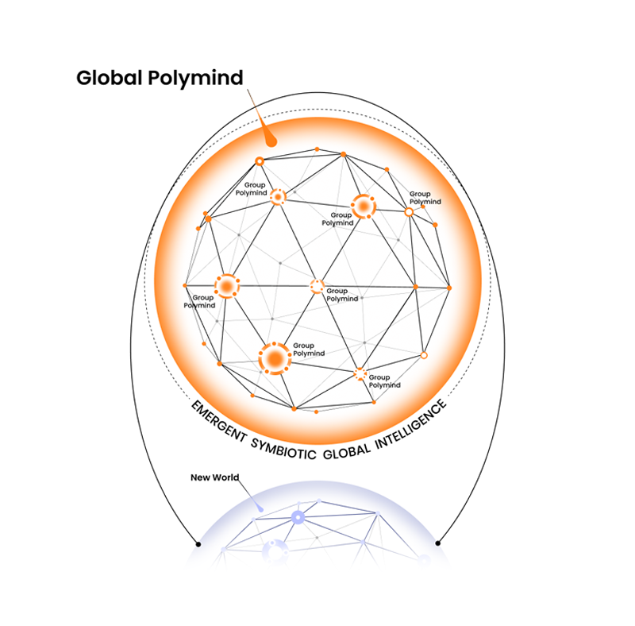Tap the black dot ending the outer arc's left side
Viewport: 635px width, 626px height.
click(x=198, y=543)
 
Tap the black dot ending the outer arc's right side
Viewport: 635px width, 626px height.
click(x=437, y=543)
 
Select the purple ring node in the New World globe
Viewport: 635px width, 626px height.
click(x=298, y=517)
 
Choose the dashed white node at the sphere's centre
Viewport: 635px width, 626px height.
click(x=317, y=286)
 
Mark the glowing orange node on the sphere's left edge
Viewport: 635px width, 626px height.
click(x=226, y=285)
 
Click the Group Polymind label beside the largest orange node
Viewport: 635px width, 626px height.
click(x=304, y=350)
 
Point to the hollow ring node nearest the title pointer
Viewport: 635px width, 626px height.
click(x=260, y=161)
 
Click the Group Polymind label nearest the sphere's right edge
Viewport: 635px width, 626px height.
click(x=425, y=198)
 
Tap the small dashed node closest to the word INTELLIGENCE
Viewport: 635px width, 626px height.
click(x=360, y=373)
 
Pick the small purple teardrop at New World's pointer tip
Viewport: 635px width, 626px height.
click(x=260, y=507)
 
